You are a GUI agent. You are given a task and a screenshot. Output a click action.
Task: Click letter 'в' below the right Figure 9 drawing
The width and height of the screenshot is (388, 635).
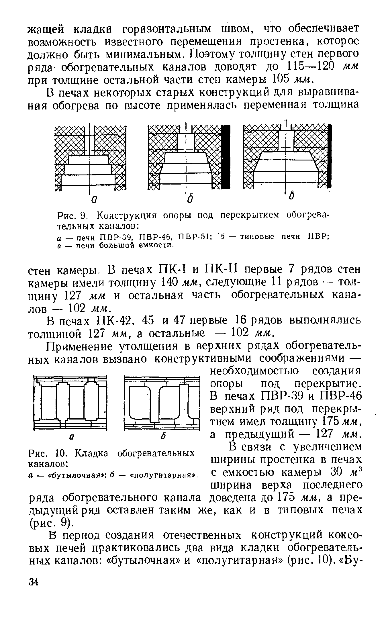pyautogui.click(x=292, y=197)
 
